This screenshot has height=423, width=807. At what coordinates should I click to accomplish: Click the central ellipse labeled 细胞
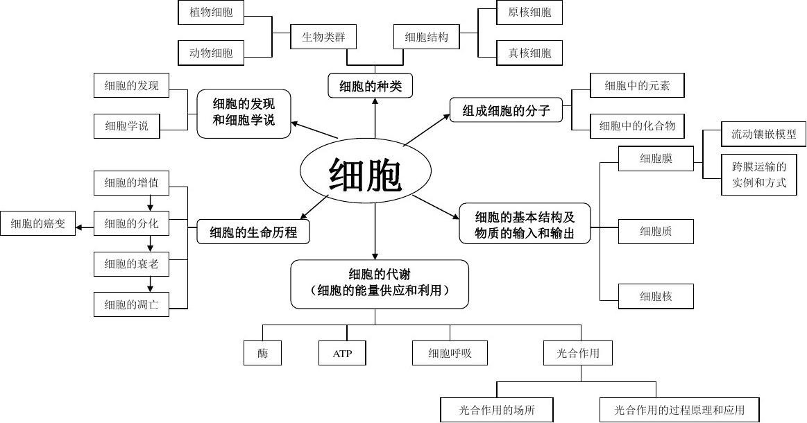pos(366,172)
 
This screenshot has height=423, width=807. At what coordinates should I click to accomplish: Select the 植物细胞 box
pos(210,12)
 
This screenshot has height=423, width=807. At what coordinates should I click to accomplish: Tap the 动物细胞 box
pos(210,53)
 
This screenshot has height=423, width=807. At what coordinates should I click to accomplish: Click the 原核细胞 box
pos(529,12)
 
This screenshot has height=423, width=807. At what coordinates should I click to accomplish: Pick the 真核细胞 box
pos(529,53)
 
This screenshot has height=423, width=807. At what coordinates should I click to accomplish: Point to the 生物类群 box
pos(323,37)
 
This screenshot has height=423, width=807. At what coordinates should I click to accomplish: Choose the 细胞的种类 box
pos(371,86)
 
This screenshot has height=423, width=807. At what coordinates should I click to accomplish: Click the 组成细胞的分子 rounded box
pos(506,110)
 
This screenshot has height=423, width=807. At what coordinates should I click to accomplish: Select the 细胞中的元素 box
pos(636,85)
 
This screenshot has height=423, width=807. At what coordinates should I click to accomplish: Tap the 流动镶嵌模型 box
pos(763,135)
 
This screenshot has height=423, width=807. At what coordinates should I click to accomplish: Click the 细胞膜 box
pos(656,159)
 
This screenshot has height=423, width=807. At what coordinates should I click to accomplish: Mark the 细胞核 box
pos(656,296)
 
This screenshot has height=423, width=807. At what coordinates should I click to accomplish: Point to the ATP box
pos(342,354)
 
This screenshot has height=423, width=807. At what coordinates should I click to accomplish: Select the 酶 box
pos(262,354)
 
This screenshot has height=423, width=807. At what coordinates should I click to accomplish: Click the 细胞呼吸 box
pos(450,354)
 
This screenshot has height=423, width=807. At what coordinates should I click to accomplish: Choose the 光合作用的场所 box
pos(497,410)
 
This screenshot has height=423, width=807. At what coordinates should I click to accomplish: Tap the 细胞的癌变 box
pos(37,224)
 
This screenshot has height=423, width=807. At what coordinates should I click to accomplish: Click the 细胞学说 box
pos(126,126)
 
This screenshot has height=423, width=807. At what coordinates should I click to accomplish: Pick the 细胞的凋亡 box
pos(131,304)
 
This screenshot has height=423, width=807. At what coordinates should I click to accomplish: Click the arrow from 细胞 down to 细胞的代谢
pos(375,232)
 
